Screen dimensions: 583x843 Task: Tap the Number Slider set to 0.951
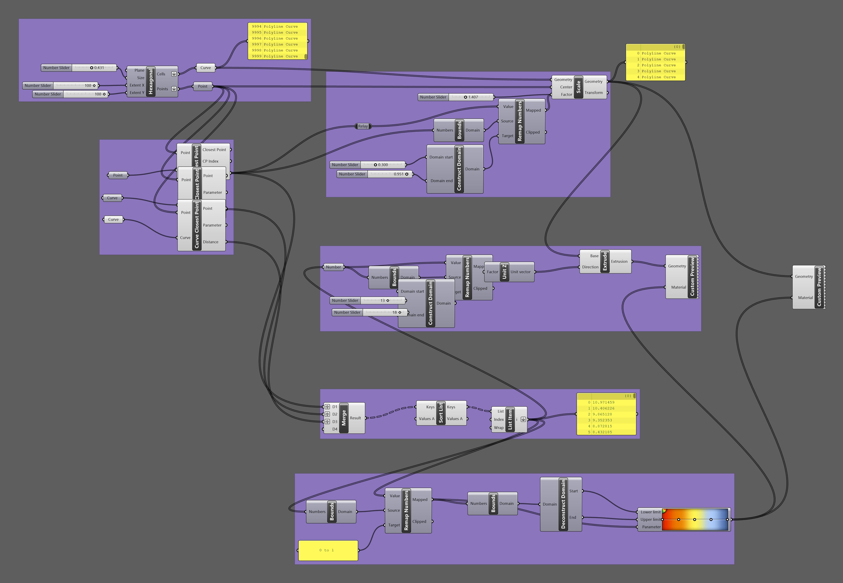tap(375, 174)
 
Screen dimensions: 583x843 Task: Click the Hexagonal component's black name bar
tap(150, 81)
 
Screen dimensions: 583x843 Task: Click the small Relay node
tap(363, 126)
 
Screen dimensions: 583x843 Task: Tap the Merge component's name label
tap(344, 418)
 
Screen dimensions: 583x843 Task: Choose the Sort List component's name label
tap(441, 413)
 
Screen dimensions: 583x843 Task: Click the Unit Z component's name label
tap(504, 272)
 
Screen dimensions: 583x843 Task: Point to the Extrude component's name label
tap(605, 261)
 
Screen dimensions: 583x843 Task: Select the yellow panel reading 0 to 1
tap(328, 550)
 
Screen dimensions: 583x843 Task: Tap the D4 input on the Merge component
tap(334, 429)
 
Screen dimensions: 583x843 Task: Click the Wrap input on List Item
tap(499, 428)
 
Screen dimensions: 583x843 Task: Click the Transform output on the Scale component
tap(593, 93)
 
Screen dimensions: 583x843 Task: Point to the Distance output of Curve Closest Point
tap(211, 242)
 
